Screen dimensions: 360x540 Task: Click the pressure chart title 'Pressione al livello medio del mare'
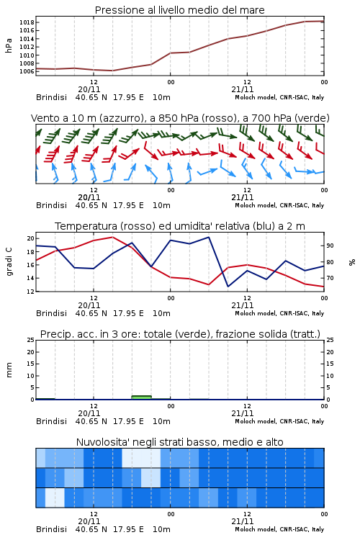point(179,10)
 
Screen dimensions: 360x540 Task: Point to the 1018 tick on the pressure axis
point(27,22)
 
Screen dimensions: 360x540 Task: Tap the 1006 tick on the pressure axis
point(27,71)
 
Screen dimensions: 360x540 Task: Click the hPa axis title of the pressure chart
point(9,45)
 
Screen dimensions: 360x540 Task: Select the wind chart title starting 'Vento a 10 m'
point(180,118)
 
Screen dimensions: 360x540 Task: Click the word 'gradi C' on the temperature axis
point(9,262)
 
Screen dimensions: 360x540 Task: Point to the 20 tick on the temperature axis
point(31,238)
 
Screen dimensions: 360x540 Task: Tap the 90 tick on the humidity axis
point(330,246)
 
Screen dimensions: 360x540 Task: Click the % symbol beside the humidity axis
point(352,262)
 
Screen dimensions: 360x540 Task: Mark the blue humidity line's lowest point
point(228,287)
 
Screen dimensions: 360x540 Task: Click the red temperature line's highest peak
point(112,237)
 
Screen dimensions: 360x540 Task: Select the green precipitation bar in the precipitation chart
point(141,397)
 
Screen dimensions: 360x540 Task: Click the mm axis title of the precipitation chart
point(9,370)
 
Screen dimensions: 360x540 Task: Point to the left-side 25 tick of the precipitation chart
point(31,340)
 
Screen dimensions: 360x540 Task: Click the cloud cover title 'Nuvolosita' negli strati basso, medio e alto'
point(179,442)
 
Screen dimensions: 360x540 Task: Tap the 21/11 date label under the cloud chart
point(243,521)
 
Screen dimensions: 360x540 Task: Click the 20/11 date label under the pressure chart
point(89,89)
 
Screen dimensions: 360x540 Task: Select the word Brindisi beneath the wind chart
point(51,205)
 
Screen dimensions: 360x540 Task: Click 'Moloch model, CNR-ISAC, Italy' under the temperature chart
point(279,313)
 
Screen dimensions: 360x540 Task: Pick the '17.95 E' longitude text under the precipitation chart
point(128,421)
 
